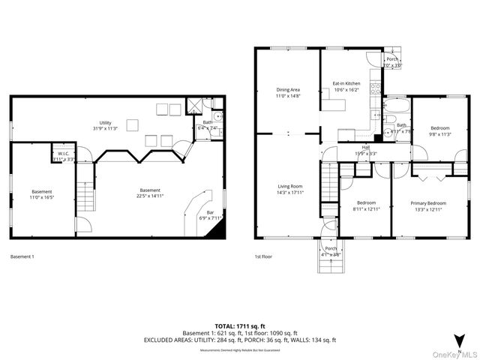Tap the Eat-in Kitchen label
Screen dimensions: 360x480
click(346, 84)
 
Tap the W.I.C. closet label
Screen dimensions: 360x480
click(63, 154)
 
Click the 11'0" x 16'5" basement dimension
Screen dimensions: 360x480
click(42, 196)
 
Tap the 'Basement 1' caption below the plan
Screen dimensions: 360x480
click(22, 256)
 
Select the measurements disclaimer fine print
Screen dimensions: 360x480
click(240, 350)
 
